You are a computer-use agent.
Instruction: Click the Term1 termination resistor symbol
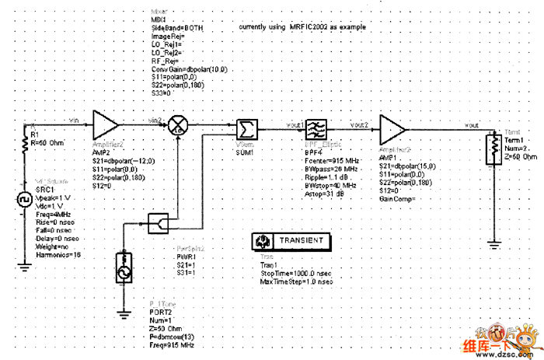tap(490, 148)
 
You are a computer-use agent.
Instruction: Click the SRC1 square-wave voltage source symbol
tap(23, 201)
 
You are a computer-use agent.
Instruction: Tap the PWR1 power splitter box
tap(159, 224)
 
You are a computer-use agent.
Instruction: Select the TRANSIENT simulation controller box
tap(293, 241)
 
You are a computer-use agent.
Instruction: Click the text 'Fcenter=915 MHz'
tap(330, 162)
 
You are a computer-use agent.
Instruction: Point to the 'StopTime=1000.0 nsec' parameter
tap(296, 273)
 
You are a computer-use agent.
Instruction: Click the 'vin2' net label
tap(155, 120)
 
